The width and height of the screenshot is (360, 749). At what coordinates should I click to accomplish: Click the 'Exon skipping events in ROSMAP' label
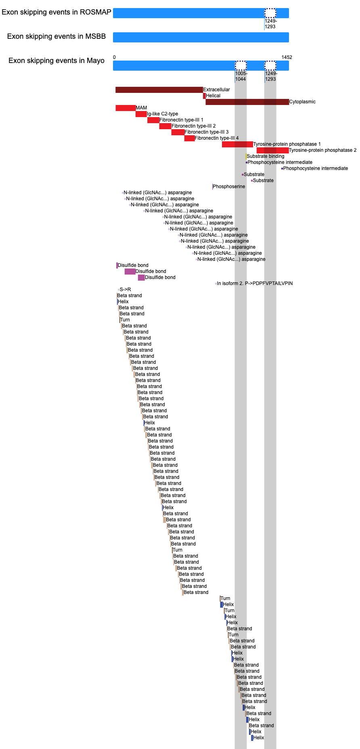coord(57,12)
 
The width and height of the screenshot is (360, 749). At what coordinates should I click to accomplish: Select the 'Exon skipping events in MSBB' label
coord(57,36)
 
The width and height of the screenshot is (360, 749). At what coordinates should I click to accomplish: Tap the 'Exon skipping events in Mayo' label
coord(57,61)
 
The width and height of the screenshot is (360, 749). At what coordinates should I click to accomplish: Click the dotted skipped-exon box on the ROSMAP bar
coord(270,13)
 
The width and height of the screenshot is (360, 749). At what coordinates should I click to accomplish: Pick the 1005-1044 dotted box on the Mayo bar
coord(241,65)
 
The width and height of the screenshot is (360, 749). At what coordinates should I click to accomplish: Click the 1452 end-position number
coord(287,57)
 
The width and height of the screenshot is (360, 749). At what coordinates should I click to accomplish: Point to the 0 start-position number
coord(114,57)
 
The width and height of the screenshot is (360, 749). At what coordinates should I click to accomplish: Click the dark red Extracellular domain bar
coord(159,90)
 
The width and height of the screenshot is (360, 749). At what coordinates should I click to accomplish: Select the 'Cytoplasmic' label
coord(302,102)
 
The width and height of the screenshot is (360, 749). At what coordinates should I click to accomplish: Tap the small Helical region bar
coord(204,96)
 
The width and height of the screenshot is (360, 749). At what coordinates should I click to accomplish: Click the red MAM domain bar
coord(126,108)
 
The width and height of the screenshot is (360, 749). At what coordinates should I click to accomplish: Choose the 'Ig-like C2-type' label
coord(162,114)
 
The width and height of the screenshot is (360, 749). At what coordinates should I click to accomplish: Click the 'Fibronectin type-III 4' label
coord(217,138)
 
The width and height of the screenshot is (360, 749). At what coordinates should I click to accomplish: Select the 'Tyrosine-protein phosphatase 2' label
coord(323,150)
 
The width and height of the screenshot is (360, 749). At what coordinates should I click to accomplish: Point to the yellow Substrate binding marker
coord(246,156)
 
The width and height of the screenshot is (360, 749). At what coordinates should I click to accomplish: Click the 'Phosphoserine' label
coord(229,187)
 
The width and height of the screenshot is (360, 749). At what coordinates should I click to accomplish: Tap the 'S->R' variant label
coord(125,290)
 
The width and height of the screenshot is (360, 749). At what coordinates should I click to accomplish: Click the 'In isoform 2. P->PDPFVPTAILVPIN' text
coord(255,283)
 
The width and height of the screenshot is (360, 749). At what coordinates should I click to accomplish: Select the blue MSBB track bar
coord(201,37)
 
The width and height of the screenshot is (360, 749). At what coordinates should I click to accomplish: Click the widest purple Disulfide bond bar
coord(130,271)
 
